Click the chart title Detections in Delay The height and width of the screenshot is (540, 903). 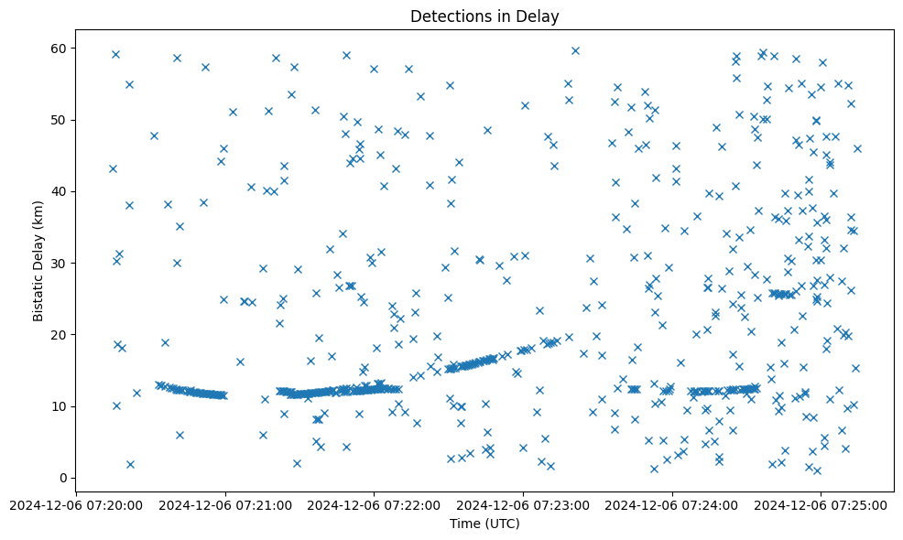(x=484, y=16)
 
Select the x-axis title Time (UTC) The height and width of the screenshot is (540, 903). (x=484, y=524)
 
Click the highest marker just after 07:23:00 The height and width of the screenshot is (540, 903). (x=575, y=50)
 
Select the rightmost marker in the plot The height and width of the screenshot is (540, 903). (x=857, y=148)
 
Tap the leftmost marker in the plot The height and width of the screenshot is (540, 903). (x=113, y=168)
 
